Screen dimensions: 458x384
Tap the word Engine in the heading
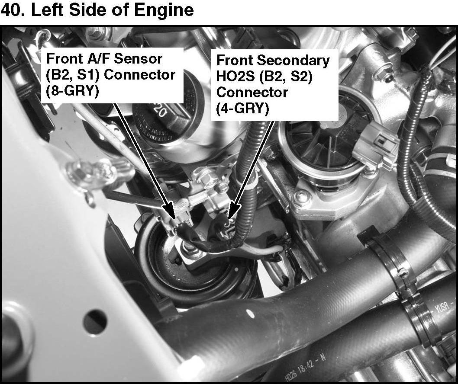pos(164,10)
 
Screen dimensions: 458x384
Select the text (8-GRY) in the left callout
pos(72,91)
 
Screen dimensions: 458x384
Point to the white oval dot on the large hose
pos(250,314)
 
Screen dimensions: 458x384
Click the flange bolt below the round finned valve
pos(302,198)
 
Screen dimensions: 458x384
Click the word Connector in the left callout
pos(140,75)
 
